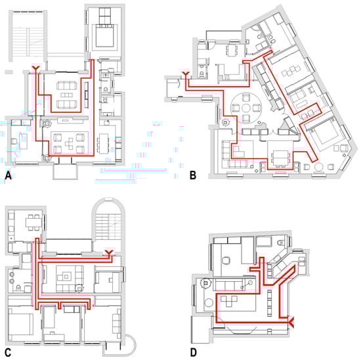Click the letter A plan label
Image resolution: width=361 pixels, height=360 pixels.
tap(8, 175)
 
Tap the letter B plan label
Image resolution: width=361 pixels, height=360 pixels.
tap(193, 175)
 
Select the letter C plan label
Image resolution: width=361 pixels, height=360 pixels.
tap(8, 353)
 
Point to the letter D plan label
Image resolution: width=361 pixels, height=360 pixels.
tap(194, 353)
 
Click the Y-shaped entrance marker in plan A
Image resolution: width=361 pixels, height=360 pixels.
tap(36, 68)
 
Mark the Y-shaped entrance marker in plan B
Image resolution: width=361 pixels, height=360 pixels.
tap(186, 74)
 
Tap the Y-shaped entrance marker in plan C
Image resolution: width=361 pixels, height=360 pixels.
tap(109, 253)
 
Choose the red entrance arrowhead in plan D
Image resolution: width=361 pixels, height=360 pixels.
tap(291, 322)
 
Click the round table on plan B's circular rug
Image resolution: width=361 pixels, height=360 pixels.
tap(246, 108)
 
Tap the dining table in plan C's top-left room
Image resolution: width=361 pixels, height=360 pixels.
tap(33, 223)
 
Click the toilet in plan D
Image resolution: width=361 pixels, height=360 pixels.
tap(281, 243)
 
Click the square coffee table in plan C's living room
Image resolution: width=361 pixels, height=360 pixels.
tap(66, 277)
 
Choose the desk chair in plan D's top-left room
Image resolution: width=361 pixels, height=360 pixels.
tap(226, 261)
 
